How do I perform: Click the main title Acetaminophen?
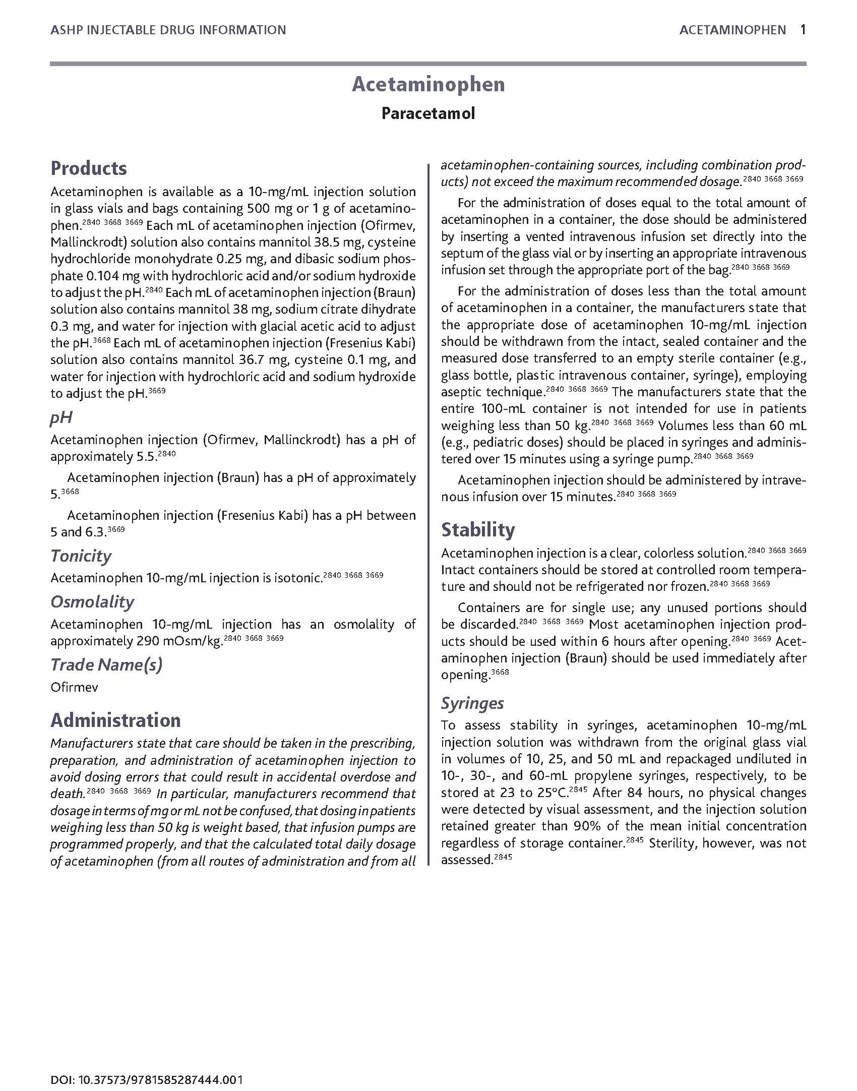click(x=428, y=84)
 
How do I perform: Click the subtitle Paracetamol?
click(x=428, y=113)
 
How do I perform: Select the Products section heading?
click(x=89, y=168)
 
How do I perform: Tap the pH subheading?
click(x=62, y=417)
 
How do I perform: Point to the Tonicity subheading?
click(x=81, y=556)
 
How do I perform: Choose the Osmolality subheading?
click(x=92, y=602)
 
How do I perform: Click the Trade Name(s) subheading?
click(x=106, y=665)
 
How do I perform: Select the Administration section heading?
click(x=115, y=720)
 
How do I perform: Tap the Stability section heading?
click(x=478, y=530)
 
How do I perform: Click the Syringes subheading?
click(x=472, y=703)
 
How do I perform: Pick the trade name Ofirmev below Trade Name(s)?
click(x=74, y=687)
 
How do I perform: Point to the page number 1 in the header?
click(x=803, y=30)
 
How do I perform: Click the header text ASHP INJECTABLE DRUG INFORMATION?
click(x=168, y=30)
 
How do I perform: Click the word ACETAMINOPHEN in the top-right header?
click(x=732, y=30)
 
